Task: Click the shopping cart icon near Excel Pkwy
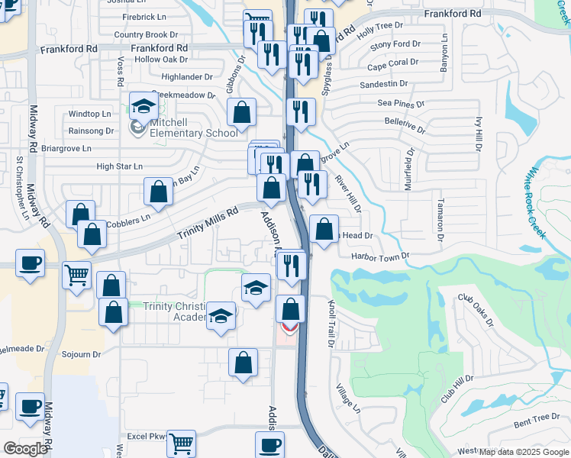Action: (x=181, y=443)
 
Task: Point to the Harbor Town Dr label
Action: (x=381, y=257)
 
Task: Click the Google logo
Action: (x=25, y=449)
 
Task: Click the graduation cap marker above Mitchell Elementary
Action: (x=143, y=107)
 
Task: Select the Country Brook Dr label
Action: (x=145, y=34)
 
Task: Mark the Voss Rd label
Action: (x=121, y=72)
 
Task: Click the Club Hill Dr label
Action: (x=457, y=389)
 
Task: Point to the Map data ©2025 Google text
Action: (x=524, y=452)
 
